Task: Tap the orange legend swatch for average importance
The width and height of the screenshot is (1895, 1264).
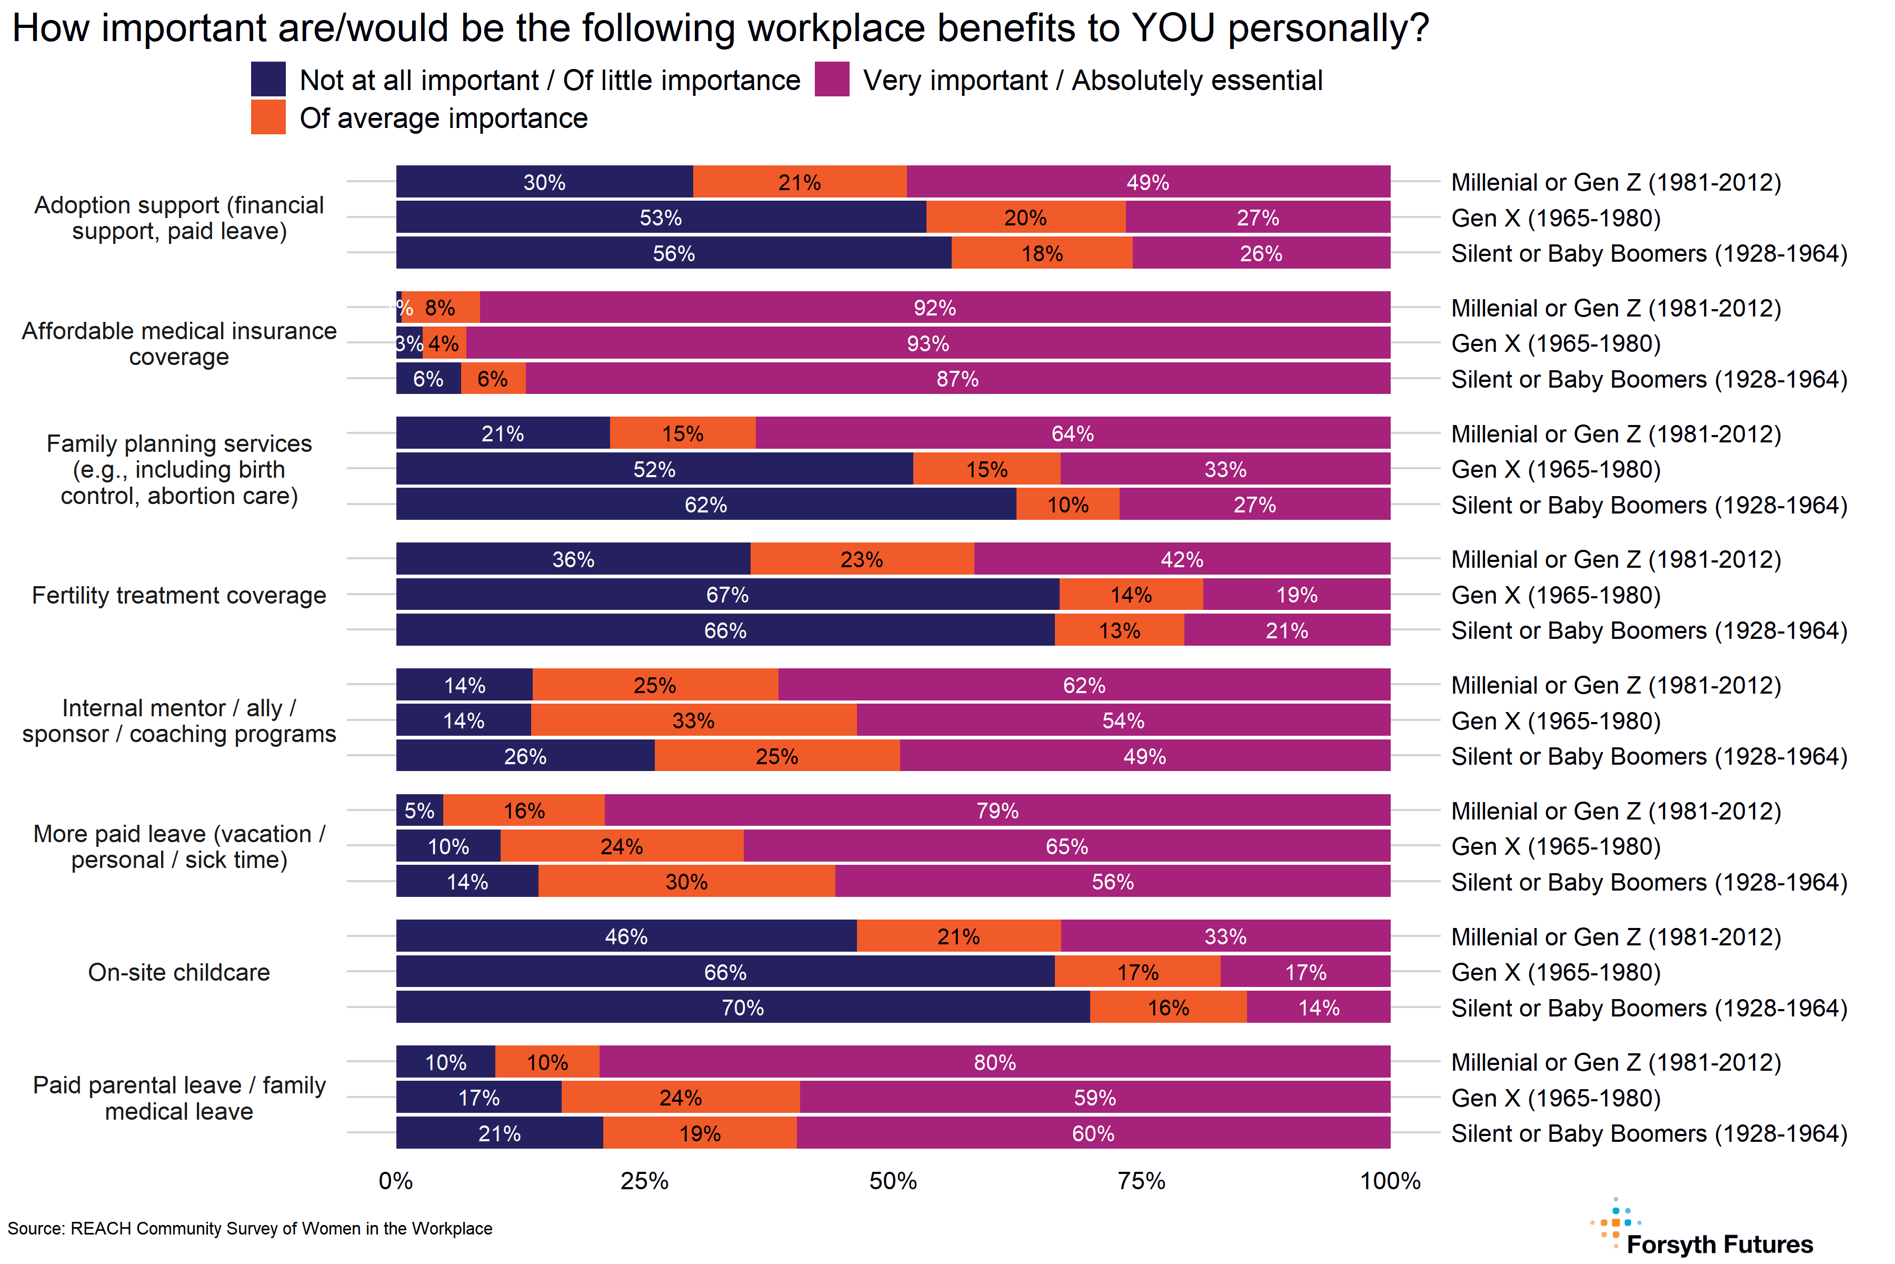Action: point(268,117)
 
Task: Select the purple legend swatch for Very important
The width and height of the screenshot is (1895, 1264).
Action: point(832,79)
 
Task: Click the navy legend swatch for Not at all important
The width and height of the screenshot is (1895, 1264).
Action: point(268,79)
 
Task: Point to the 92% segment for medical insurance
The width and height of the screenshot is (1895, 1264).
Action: point(935,308)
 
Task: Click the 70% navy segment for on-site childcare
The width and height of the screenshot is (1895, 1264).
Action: point(742,1008)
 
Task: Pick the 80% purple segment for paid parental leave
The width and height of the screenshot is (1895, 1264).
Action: point(994,1062)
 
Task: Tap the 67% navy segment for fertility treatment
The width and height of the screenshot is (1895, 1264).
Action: point(727,595)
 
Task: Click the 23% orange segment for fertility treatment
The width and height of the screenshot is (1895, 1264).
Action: point(861,559)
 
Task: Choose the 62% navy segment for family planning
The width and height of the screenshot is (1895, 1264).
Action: point(706,505)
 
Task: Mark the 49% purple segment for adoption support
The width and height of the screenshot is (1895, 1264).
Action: point(1148,182)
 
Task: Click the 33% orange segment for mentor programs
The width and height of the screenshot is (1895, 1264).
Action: point(693,720)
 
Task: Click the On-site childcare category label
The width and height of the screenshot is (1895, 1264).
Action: point(179,972)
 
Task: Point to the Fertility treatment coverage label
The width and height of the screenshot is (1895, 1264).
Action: point(179,595)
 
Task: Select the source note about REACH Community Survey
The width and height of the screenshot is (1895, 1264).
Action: point(250,1229)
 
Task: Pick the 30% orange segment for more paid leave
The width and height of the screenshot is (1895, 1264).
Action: point(686,882)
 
